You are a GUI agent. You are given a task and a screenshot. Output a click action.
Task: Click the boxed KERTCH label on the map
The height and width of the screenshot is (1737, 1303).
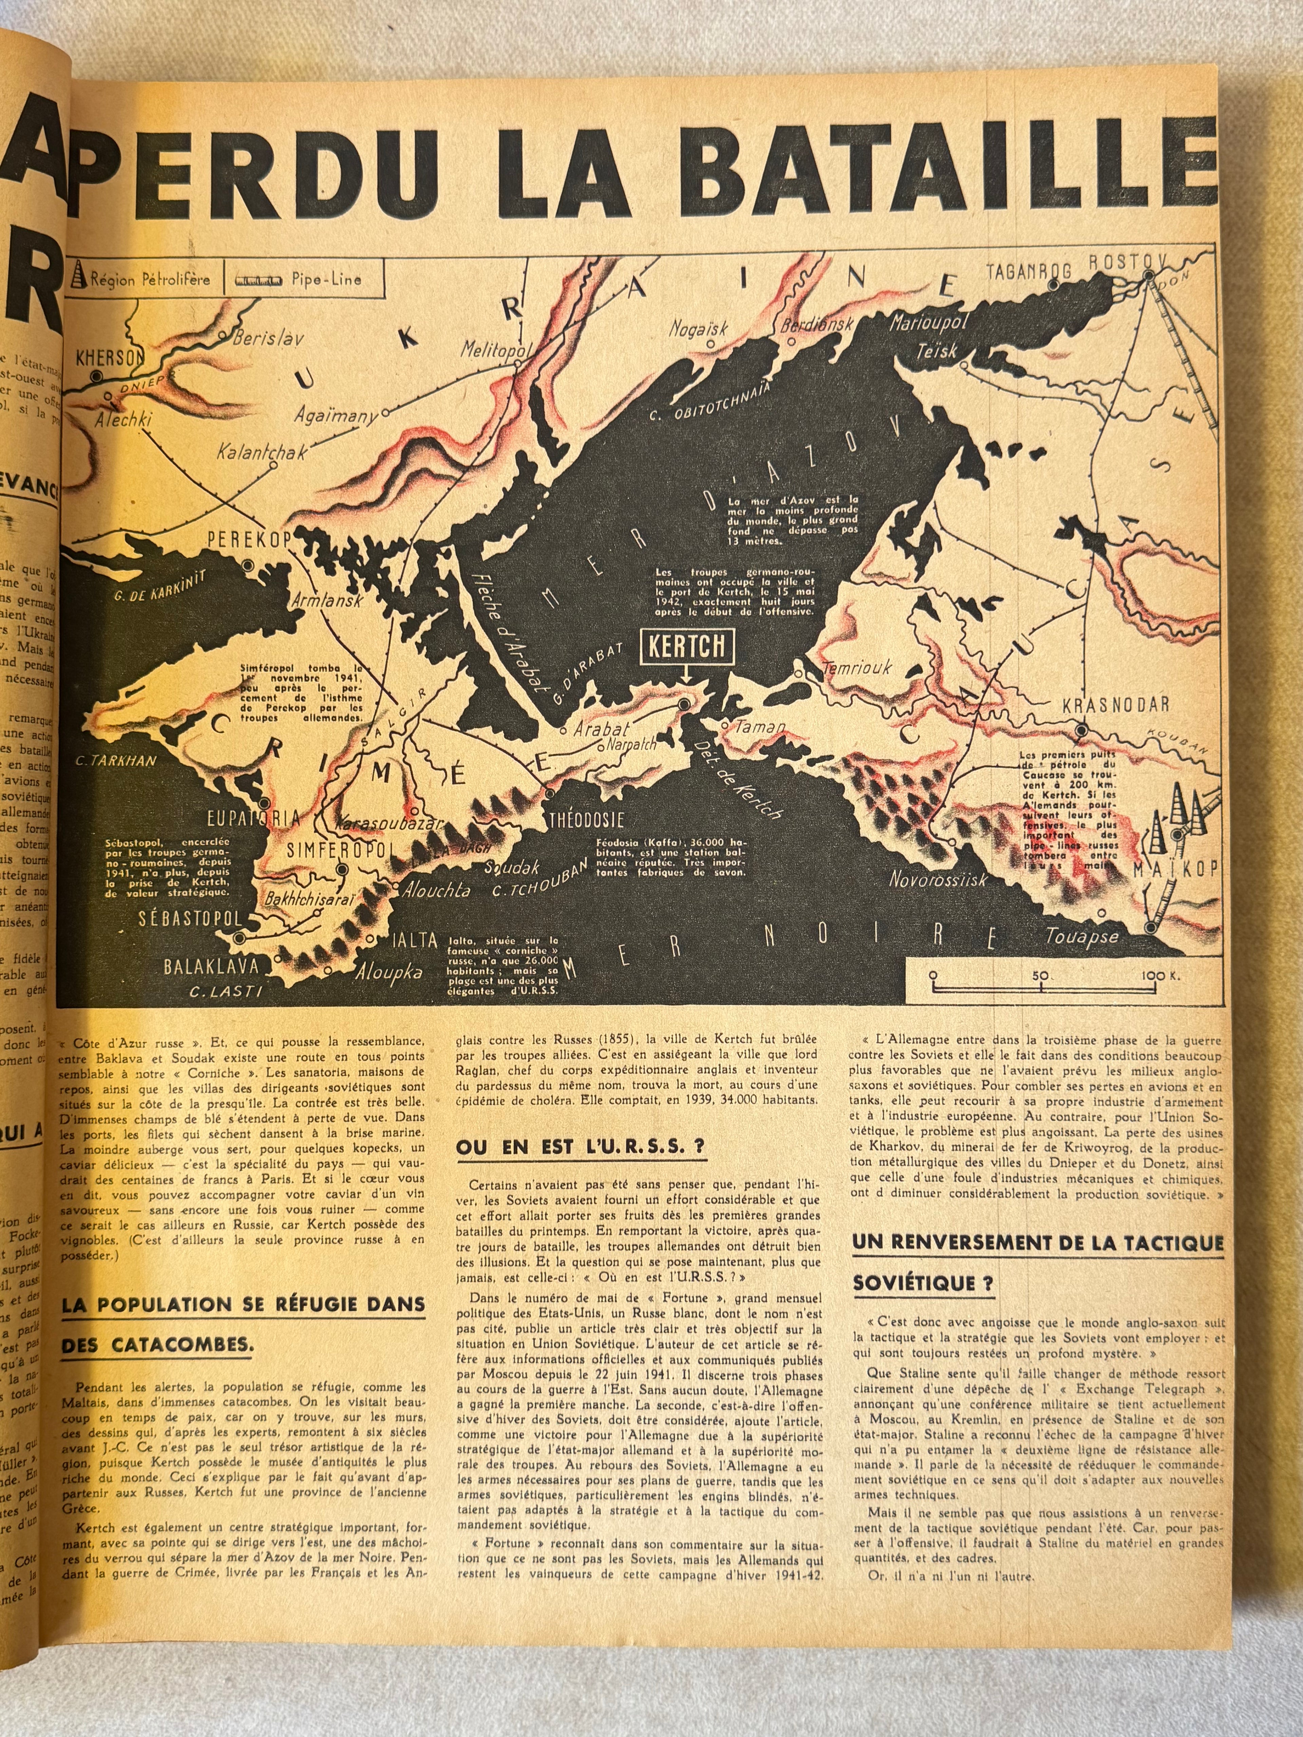click(x=685, y=646)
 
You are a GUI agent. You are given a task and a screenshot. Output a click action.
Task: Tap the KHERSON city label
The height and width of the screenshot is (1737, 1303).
click(x=111, y=358)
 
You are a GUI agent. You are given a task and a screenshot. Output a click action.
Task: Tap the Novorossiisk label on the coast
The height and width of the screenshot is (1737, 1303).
click(x=937, y=879)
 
